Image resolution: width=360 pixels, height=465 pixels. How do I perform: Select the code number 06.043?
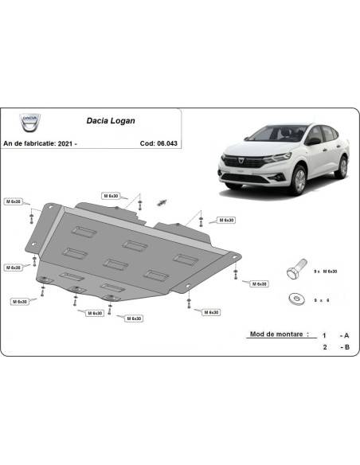[168, 143]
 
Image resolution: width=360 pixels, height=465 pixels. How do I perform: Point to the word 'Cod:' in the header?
[145, 143]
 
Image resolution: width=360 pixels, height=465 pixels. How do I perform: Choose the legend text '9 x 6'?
[322, 299]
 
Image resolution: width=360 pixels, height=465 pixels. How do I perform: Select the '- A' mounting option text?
[342, 335]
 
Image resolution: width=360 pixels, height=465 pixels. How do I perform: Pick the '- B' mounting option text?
[342, 347]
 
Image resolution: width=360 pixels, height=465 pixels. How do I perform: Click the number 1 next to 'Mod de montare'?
[324, 335]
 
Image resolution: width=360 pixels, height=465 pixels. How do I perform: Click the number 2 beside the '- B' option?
[324, 347]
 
